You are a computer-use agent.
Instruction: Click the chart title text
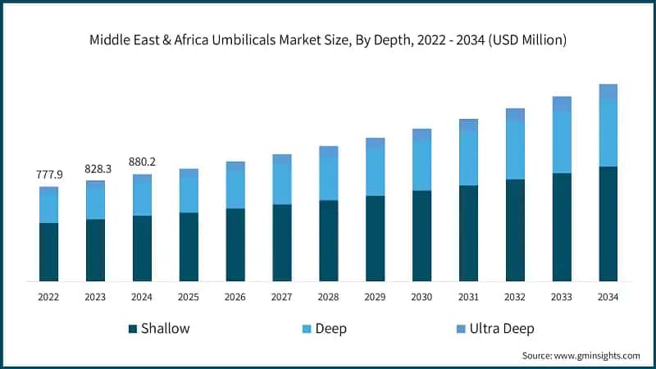328,38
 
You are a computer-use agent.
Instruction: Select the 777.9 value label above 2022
48,175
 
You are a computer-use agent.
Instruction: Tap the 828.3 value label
96,168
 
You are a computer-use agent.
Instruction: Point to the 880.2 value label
143,162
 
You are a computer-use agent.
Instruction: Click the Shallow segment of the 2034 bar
608,224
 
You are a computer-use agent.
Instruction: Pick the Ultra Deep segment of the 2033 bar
562,103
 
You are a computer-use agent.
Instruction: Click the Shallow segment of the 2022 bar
48,252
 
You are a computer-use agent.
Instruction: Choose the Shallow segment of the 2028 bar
328,240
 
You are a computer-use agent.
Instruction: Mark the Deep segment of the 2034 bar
608,133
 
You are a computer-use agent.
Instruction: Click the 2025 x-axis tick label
189,297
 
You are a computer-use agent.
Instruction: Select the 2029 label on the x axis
375,297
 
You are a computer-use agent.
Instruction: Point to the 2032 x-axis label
515,297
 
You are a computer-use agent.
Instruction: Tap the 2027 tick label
281,297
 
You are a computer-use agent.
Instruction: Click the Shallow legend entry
159,329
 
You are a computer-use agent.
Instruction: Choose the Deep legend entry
325,329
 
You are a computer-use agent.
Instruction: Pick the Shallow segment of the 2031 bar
468,233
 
